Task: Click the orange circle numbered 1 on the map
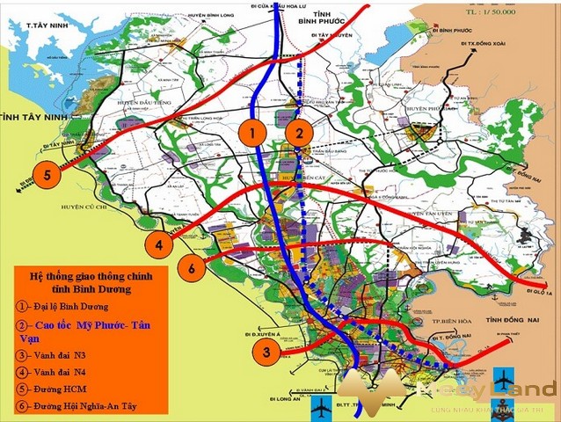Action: point(252,135)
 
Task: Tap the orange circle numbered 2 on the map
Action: point(300,135)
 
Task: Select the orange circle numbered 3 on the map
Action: point(266,353)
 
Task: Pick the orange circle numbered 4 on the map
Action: point(160,246)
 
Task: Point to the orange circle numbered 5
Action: point(47,174)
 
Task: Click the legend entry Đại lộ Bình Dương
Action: point(65,307)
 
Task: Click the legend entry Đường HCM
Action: point(53,389)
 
